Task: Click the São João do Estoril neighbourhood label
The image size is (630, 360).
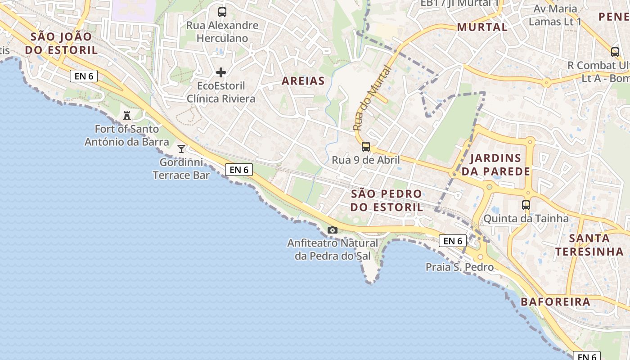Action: pyautogui.click(x=61, y=43)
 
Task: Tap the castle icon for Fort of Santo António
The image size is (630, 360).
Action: pyautogui.click(x=127, y=116)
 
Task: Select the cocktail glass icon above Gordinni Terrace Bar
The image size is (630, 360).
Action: pyautogui.click(x=181, y=148)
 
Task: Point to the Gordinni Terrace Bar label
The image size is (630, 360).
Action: pyautogui.click(x=181, y=169)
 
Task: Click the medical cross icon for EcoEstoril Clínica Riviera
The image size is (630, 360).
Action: pyautogui.click(x=221, y=72)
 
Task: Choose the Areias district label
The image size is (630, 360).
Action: pyautogui.click(x=303, y=81)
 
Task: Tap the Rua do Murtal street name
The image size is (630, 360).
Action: pyautogui.click(x=371, y=99)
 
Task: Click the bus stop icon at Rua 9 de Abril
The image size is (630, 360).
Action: pyautogui.click(x=366, y=146)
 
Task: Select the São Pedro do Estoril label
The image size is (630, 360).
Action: pyautogui.click(x=387, y=201)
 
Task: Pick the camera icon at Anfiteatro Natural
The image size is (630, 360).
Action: pyautogui.click(x=333, y=230)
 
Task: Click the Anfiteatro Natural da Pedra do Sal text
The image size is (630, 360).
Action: pyautogui.click(x=333, y=249)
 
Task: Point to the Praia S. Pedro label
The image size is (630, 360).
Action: pyautogui.click(x=459, y=267)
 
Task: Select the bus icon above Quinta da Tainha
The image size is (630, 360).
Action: pyautogui.click(x=526, y=205)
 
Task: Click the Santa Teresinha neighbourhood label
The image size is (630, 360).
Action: pyautogui.click(x=589, y=245)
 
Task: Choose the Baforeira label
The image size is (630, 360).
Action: pyautogui.click(x=555, y=301)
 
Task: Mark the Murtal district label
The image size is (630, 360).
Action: pyautogui.click(x=482, y=27)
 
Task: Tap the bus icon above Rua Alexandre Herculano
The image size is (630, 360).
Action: pyautogui.click(x=222, y=12)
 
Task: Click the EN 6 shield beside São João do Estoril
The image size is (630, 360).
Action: pyautogui.click(x=84, y=76)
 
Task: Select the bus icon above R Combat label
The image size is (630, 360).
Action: pyautogui.click(x=615, y=52)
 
